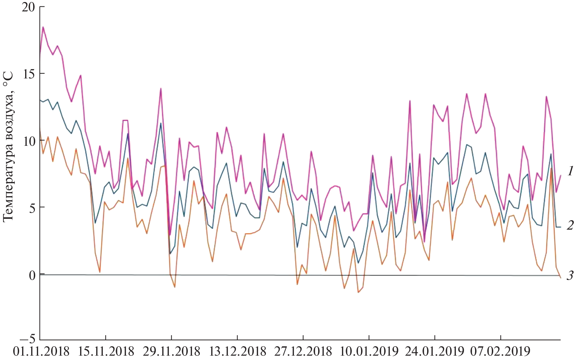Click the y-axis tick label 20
(28, 7)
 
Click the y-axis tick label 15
(28, 74)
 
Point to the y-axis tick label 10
(28, 141)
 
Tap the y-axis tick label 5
(32, 208)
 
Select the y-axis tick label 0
(32, 275)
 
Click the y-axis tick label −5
(28, 339)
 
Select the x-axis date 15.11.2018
(106, 352)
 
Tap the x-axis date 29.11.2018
(172, 352)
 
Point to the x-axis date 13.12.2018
(237, 352)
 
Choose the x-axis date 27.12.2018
(303, 352)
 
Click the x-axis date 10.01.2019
(369, 352)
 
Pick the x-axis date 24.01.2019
(435, 352)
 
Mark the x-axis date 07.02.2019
(500, 352)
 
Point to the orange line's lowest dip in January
(358, 292)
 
